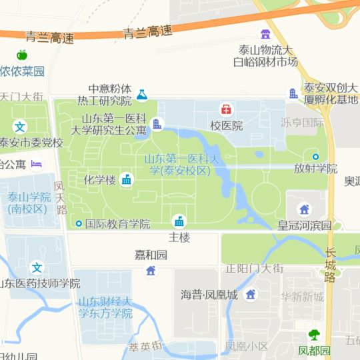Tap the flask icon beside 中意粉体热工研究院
point(141,95)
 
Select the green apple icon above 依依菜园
point(21,55)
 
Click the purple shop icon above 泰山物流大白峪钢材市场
point(266,34)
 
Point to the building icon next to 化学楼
point(127,179)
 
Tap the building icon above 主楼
point(179,221)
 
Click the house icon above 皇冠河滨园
point(305,209)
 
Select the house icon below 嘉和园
point(151,270)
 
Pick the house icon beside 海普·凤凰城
point(251,294)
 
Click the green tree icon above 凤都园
point(314,335)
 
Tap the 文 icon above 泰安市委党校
point(21,127)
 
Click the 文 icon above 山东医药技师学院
point(37,267)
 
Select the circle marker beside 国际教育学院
point(79,224)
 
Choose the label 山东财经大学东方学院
point(105,307)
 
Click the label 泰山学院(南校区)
point(29,203)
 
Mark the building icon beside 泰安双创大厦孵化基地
point(293,94)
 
